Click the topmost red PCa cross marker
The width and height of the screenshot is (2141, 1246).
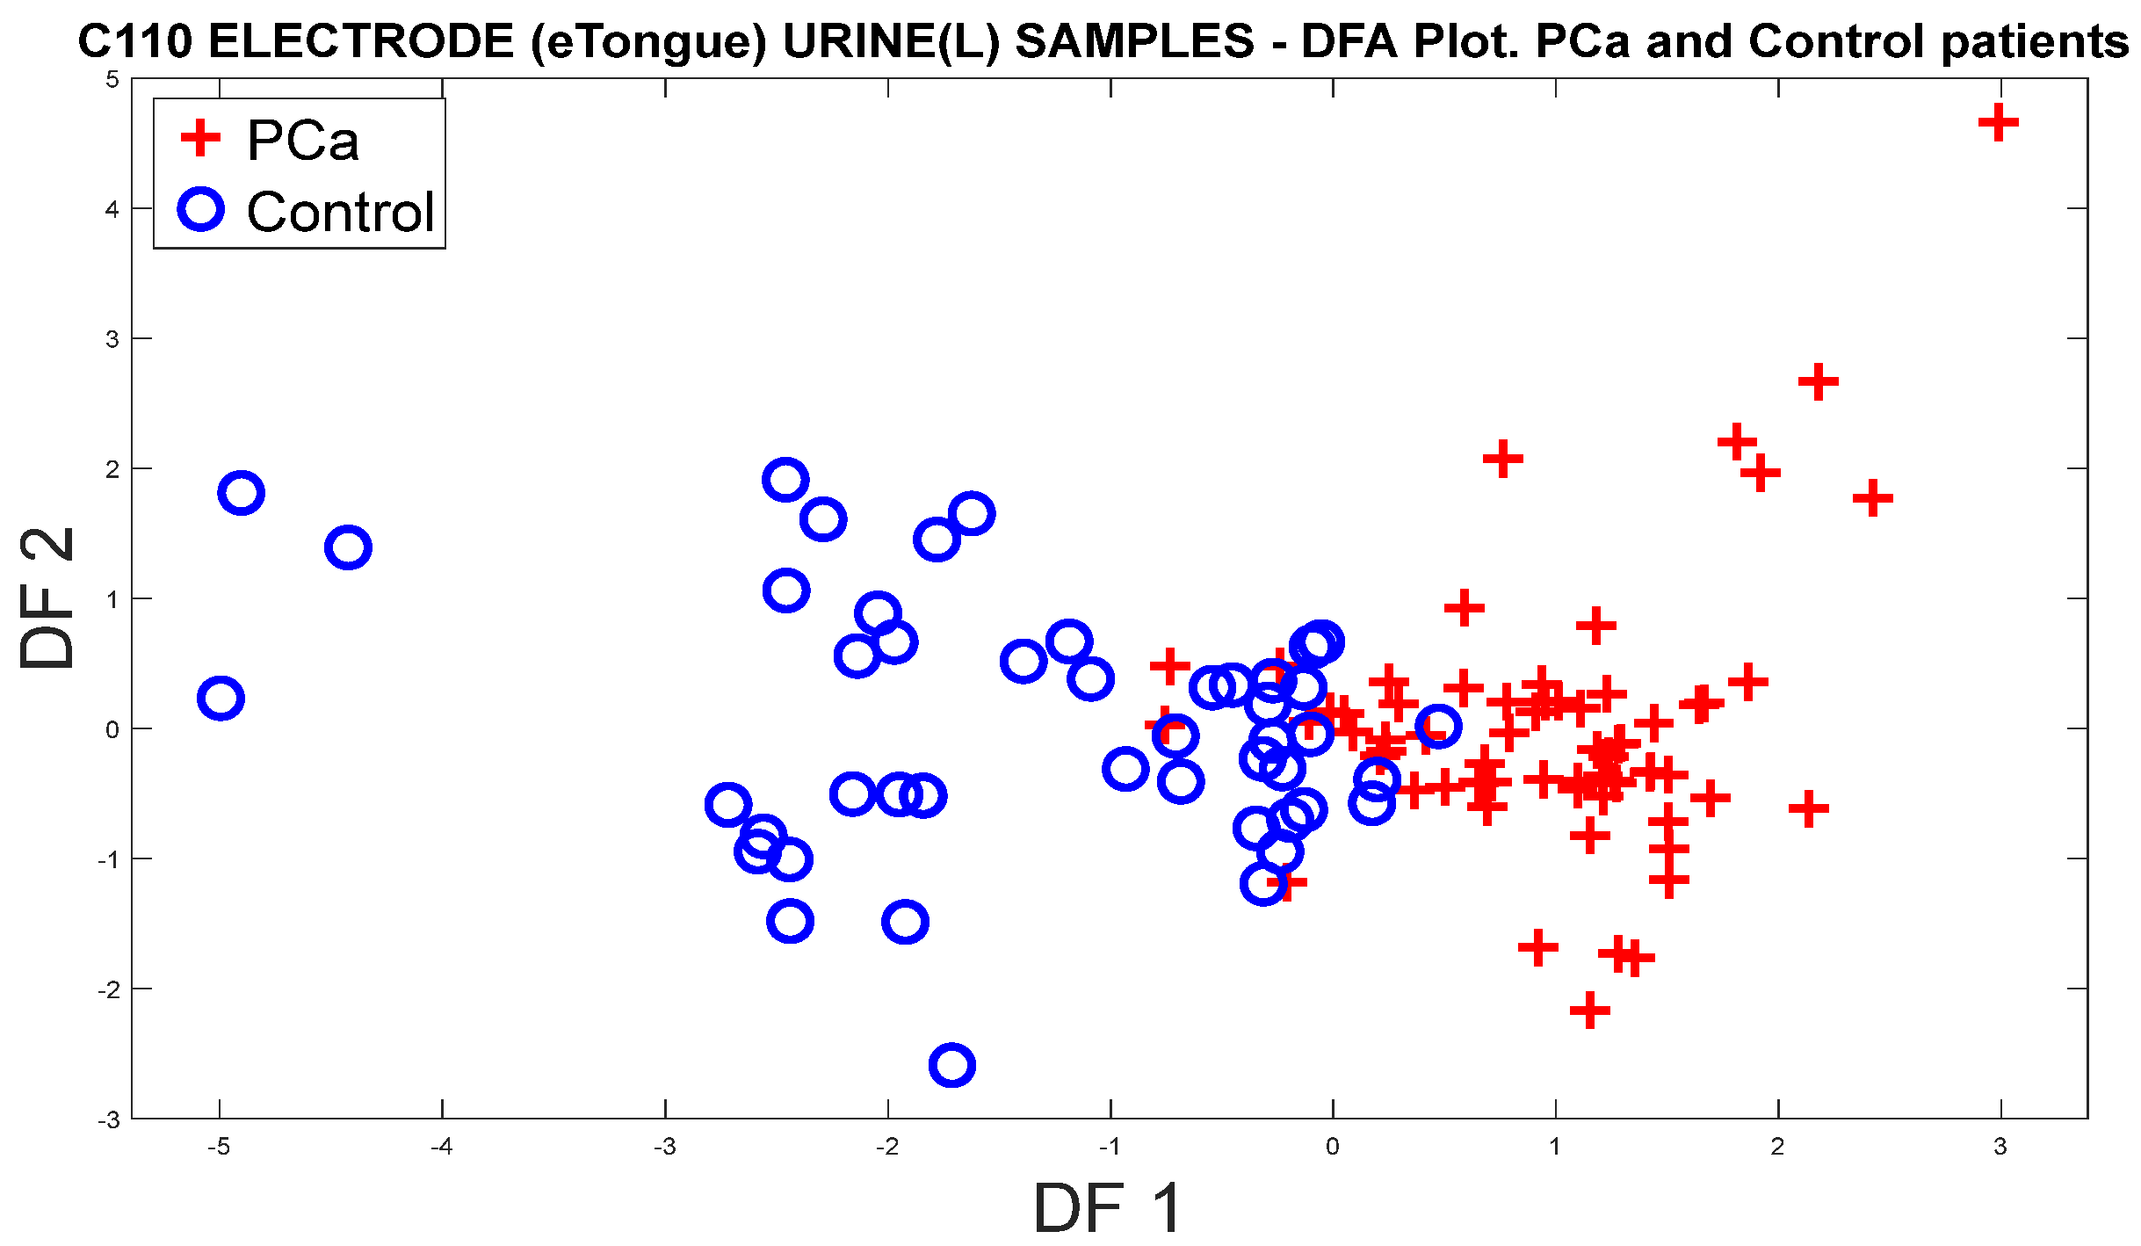click(1998, 122)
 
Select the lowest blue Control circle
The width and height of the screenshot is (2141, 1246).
click(951, 1065)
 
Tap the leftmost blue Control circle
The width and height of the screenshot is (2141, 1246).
click(221, 699)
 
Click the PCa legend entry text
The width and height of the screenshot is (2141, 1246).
click(303, 141)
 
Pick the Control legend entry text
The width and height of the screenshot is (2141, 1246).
click(341, 212)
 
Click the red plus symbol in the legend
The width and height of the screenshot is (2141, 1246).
click(200, 138)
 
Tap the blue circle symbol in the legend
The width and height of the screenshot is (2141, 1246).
click(201, 209)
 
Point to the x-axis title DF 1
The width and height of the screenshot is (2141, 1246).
click(1108, 1208)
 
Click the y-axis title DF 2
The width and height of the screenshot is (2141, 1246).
click(47, 598)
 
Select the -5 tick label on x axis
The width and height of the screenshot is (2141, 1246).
click(219, 1147)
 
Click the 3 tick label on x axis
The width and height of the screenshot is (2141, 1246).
click(2000, 1147)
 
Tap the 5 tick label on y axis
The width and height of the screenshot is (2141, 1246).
click(112, 80)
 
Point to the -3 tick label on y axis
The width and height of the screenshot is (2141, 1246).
click(108, 1120)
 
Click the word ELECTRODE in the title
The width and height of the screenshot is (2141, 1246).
click(361, 41)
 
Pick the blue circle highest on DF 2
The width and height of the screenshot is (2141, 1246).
click(785, 480)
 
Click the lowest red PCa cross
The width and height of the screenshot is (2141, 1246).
click(1589, 1011)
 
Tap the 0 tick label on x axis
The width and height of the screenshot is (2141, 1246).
click(1333, 1147)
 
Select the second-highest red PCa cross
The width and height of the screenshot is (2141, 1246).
click(1818, 381)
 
